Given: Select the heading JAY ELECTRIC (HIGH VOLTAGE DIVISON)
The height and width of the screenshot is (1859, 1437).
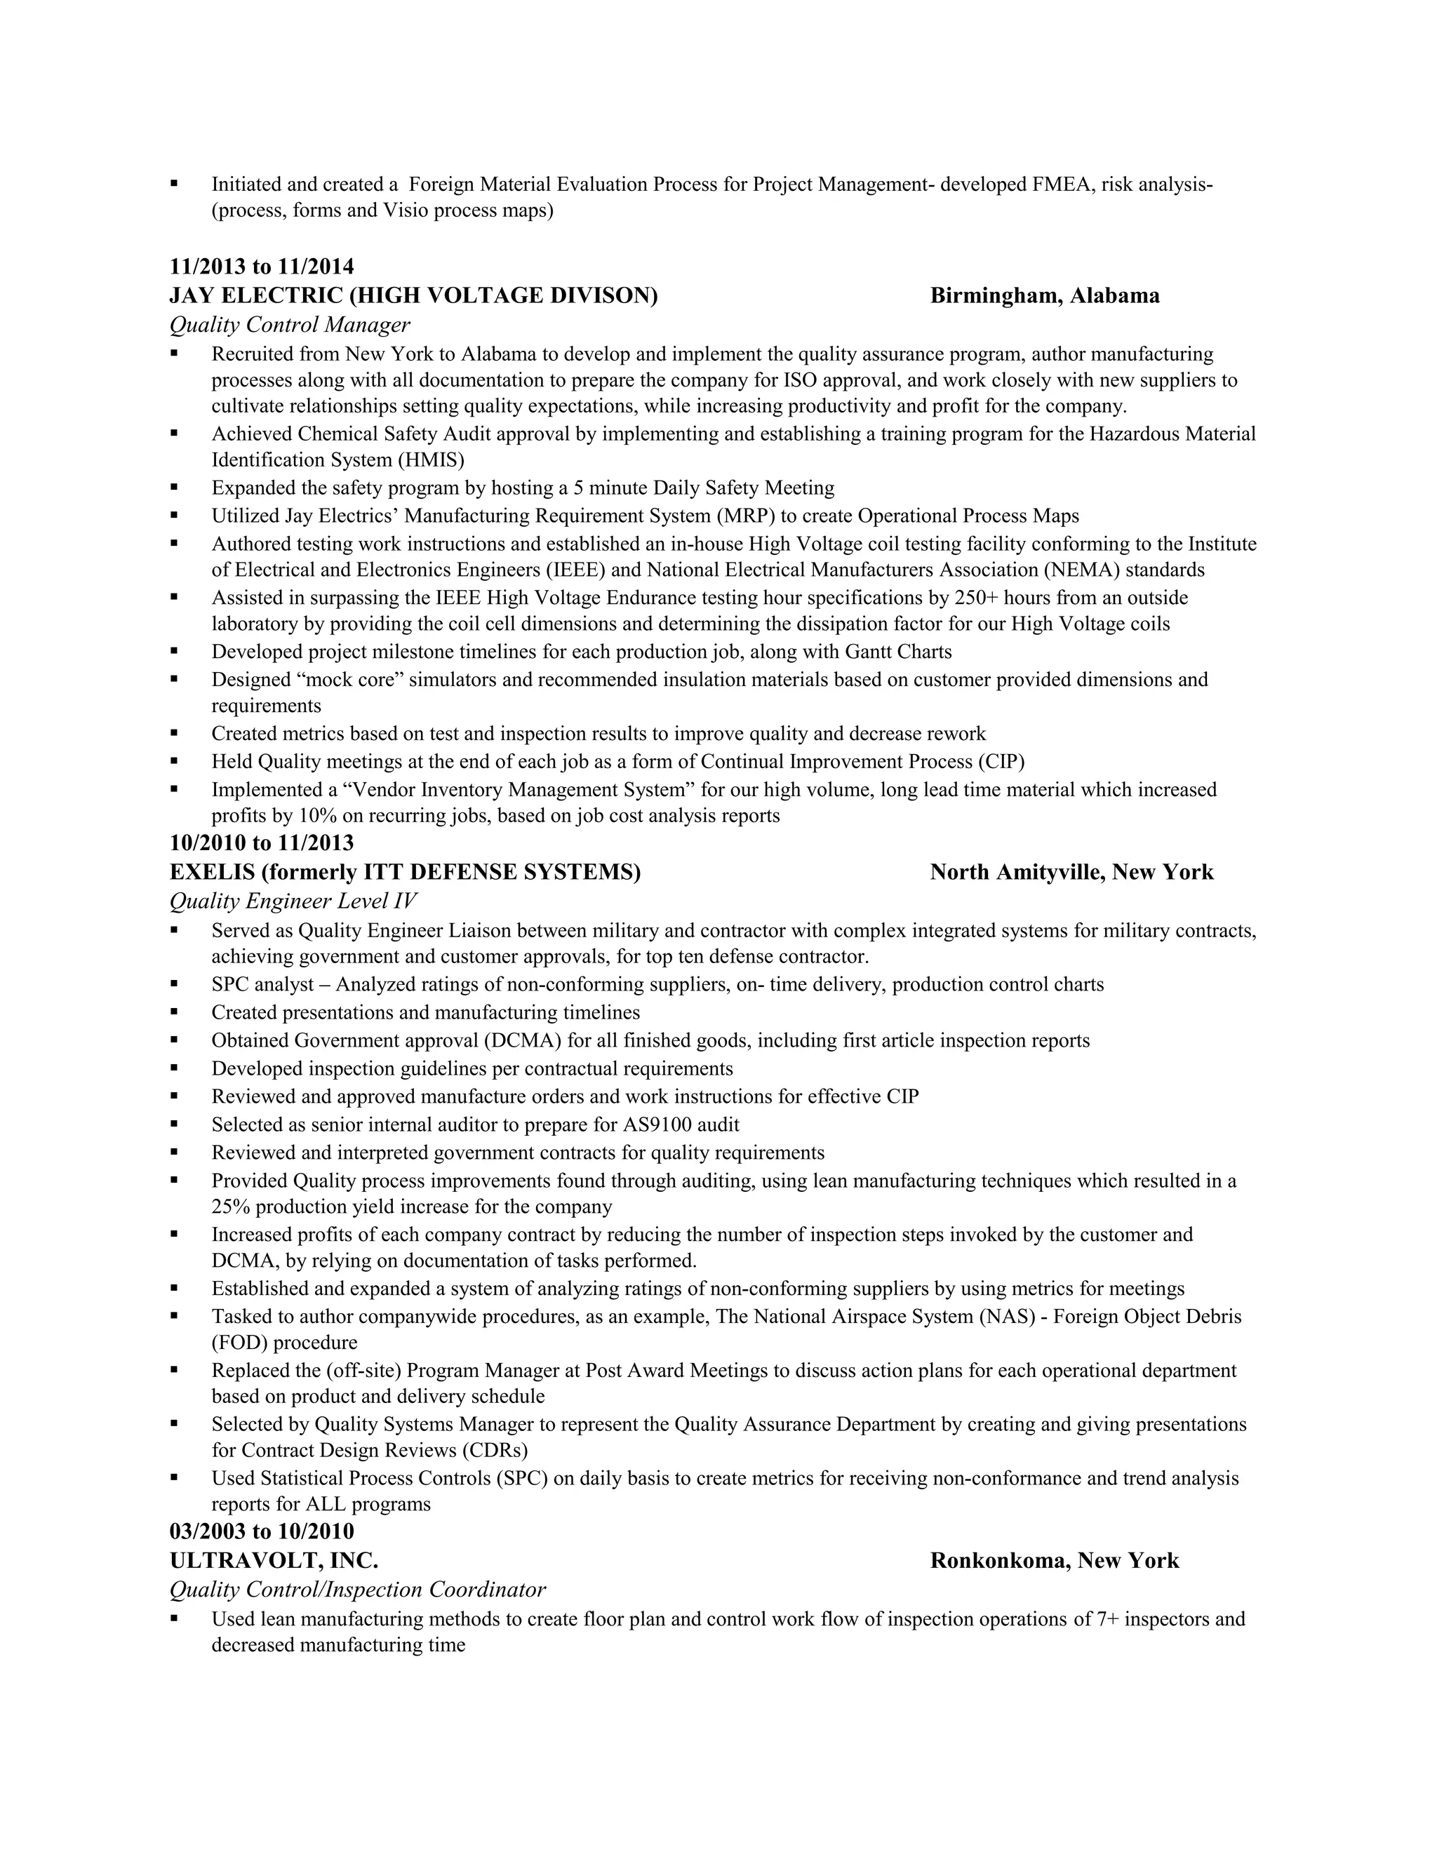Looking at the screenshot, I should [414, 296].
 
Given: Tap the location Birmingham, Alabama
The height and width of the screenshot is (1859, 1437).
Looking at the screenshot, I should [1045, 296].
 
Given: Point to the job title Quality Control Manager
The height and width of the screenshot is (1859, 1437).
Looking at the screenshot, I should [290, 326].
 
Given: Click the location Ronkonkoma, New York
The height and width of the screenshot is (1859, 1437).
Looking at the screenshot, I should [1054, 1561].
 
